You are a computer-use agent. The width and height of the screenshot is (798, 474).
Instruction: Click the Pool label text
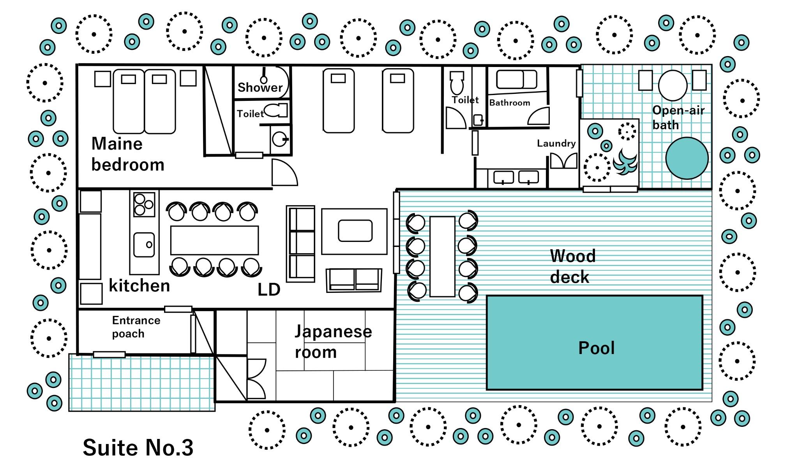click(596, 348)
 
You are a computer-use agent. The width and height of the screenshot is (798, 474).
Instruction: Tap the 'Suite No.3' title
click(138, 448)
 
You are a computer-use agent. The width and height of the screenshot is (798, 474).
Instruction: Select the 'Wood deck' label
click(572, 266)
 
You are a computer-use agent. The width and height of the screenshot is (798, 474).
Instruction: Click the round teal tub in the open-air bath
click(687, 158)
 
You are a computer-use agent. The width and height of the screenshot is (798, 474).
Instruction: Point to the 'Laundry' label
click(556, 143)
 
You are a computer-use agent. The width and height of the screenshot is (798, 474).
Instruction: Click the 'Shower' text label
click(260, 87)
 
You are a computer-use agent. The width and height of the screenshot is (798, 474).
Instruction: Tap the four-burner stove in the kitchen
click(144, 204)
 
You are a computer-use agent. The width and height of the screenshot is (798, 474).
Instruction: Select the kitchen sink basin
click(144, 245)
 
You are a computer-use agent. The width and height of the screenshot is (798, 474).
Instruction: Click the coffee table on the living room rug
click(355, 231)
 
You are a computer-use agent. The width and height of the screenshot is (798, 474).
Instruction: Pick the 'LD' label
click(269, 289)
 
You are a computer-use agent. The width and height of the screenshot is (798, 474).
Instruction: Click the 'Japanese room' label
click(332, 342)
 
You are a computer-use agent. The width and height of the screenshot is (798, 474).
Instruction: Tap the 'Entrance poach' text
click(136, 327)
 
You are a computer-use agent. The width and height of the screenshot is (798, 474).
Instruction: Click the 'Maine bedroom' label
click(127, 154)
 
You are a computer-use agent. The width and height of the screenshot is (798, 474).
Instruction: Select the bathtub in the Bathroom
click(516, 79)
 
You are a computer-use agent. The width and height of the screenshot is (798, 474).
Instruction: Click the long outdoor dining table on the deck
click(442, 257)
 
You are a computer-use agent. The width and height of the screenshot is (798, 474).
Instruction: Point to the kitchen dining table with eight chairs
click(214, 240)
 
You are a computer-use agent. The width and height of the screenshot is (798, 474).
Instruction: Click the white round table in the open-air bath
click(673, 85)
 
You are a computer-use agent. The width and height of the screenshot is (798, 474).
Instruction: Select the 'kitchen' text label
click(139, 286)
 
